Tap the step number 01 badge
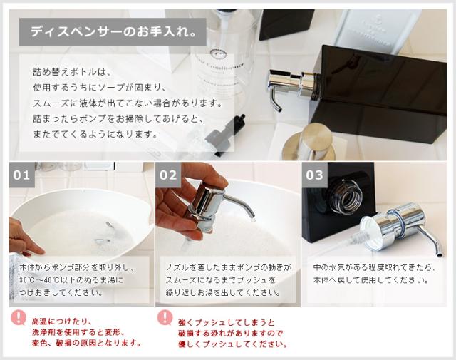pos(22,175)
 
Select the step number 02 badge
pos(169,175)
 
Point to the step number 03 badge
pos(314,175)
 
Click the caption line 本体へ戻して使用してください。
pos(370,280)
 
